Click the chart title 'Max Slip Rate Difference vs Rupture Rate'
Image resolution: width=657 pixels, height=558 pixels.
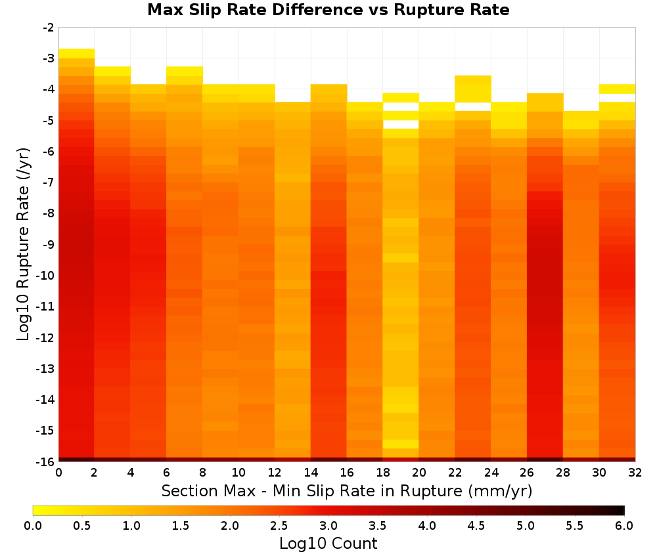[x=328, y=10]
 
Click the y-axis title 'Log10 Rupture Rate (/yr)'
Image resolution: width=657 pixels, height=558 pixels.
[x=24, y=244]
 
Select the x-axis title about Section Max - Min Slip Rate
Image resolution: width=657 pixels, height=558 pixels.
[x=347, y=491]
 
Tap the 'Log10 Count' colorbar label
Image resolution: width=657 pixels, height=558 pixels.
[x=328, y=544]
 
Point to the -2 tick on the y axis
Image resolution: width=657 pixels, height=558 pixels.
[x=49, y=28]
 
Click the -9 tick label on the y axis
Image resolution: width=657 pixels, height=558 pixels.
[x=49, y=244]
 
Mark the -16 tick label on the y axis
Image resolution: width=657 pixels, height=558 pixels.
[x=45, y=461]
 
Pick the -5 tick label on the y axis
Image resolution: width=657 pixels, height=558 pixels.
[x=49, y=121]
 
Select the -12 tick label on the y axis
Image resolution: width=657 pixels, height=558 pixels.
[x=45, y=337]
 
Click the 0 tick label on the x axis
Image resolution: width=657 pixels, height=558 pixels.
[x=58, y=473]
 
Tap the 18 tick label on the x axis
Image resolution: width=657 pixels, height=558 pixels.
[x=383, y=473]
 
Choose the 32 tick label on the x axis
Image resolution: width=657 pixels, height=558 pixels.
[x=635, y=473]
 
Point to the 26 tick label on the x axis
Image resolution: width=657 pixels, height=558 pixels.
[x=527, y=473]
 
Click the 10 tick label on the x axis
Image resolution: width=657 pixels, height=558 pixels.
[x=239, y=473]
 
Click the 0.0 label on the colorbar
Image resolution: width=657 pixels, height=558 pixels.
[x=33, y=526]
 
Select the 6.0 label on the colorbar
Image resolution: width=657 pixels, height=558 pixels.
[x=624, y=526]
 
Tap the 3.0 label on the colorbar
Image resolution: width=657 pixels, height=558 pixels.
[x=328, y=526]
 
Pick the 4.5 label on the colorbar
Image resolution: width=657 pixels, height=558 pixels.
[x=476, y=526]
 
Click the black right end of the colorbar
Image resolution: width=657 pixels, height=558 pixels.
[x=622, y=510]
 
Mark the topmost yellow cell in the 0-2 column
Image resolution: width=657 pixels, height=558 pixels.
[x=77, y=54]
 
